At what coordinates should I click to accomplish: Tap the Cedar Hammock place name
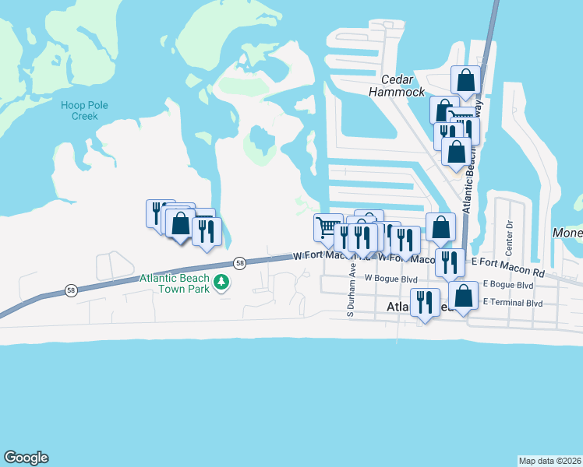403,86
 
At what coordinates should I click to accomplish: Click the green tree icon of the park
222,281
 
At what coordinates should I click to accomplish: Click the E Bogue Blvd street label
507,286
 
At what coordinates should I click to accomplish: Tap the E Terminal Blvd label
513,301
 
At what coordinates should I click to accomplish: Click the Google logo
26,458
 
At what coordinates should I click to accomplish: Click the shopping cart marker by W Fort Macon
328,227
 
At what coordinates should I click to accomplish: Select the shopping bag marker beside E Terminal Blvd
463,296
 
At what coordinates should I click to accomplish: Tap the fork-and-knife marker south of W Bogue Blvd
425,302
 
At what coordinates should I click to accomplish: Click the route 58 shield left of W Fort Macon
240,263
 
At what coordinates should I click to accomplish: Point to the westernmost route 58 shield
71,290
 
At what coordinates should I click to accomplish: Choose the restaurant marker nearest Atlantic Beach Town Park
207,231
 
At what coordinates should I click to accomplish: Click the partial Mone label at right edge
567,233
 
